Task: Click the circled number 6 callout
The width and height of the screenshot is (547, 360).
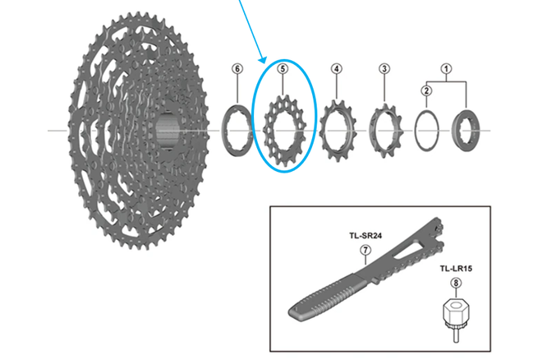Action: click(237, 68)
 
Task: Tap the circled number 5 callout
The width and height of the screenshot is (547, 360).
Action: click(283, 68)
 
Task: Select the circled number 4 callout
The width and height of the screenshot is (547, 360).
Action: click(336, 68)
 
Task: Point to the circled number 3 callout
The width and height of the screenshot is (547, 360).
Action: click(384, 68)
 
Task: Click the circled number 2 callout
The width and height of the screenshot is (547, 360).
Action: click(426, 90)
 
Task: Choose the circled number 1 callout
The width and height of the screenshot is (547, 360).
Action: click(446, 68)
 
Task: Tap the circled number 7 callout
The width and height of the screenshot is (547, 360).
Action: click(365, 250)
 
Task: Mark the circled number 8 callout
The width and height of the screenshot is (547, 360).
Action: click(456, 283)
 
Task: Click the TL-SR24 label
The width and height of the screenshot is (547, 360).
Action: click(365, 236)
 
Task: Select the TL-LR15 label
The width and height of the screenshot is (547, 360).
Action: click(456, 269)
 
